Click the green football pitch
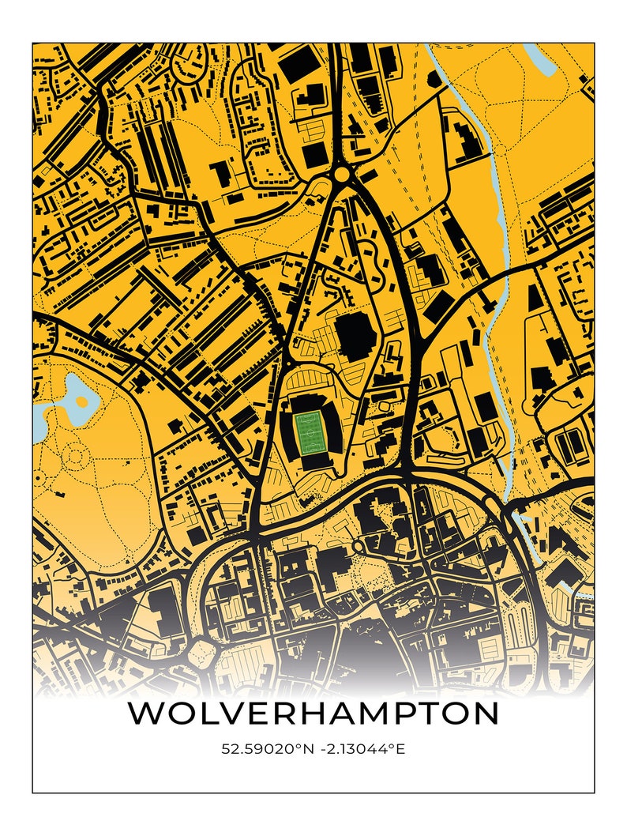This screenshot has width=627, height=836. (307, 431)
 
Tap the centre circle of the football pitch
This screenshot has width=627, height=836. (307, 431)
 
